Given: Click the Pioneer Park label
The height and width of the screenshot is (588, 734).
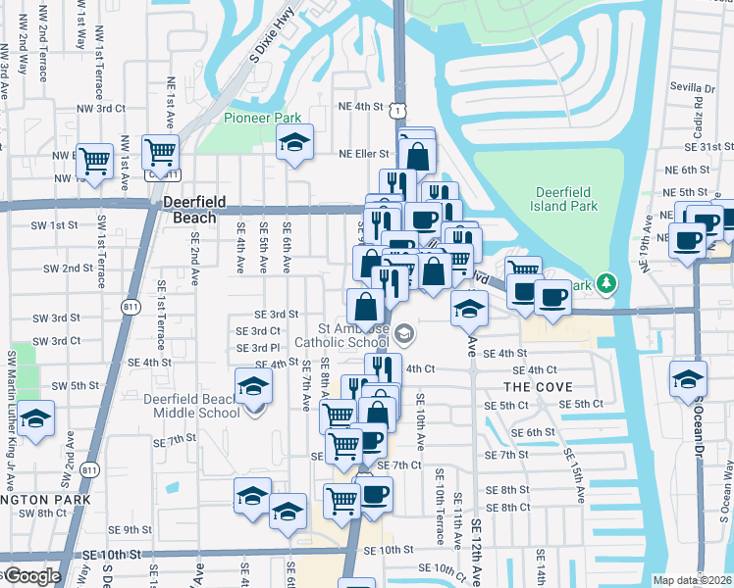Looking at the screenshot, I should (x=262, y=118).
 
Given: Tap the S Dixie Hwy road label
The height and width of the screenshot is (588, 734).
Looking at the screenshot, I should (x=271, y=33).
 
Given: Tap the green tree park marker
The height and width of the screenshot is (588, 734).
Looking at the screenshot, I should (x=607, y=284).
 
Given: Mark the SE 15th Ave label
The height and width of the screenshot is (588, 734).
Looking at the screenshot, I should (x=571, y=469).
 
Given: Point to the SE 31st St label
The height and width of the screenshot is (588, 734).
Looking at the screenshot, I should (x=713, y=146).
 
